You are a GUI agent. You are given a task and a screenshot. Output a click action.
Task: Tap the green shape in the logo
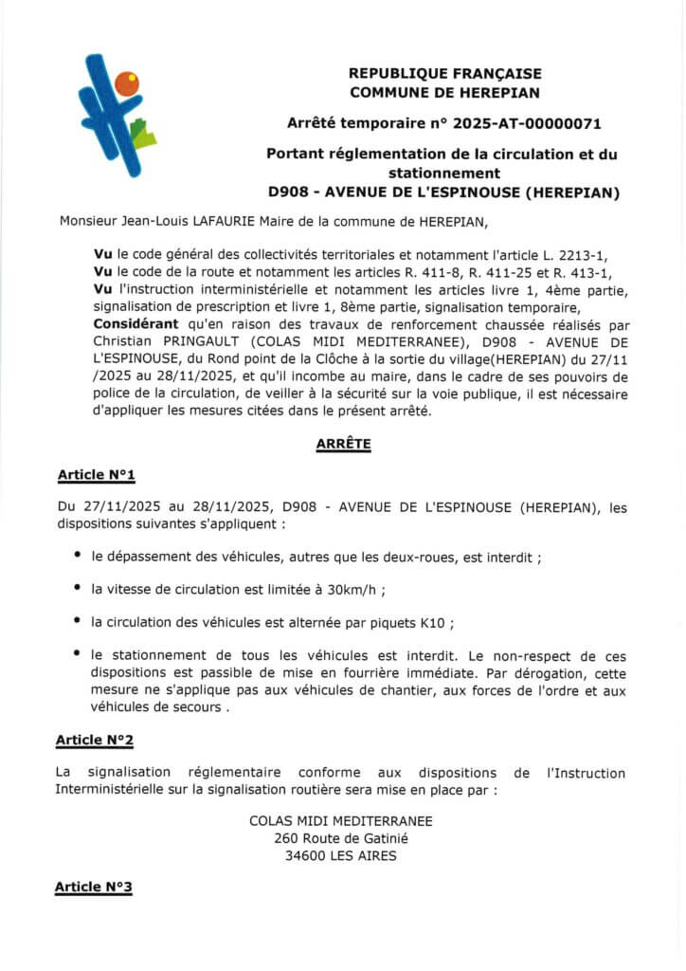click(x=142, y=135)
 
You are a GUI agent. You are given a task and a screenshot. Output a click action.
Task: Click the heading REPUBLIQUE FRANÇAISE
click(x=443, y=73)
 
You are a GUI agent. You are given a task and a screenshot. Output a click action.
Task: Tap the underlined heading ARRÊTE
click(x=343, y=442)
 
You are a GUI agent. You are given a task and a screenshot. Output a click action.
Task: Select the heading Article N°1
click(x=96, y=473)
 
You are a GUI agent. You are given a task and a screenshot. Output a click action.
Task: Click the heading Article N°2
click(x=95, y=739)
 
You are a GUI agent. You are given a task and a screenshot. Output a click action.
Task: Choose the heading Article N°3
click(x=94, y=887)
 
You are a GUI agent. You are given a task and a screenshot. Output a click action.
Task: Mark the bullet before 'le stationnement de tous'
click(x=77, y=655)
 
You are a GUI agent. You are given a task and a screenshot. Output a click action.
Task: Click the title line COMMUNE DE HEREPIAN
click(x=443, y=92)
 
